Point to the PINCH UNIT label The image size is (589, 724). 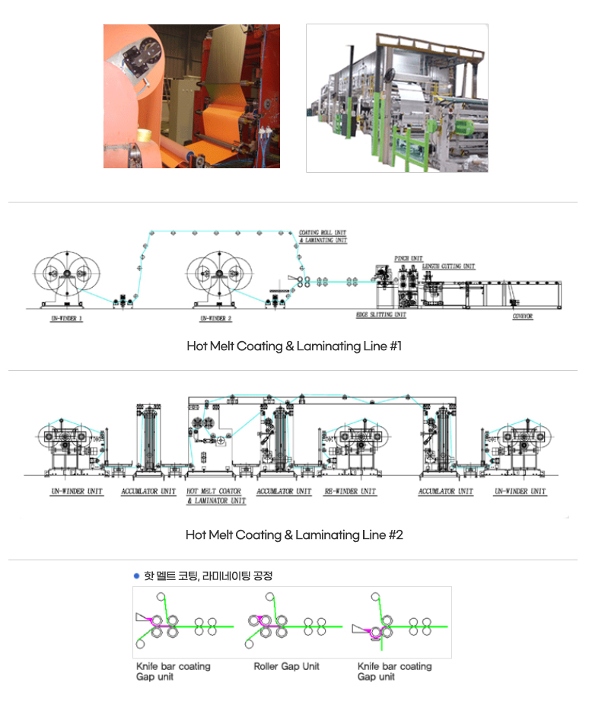[x=409, y=259]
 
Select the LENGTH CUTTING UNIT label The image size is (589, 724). [x=448, y=266]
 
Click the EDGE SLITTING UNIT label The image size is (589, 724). [x=380, y=314]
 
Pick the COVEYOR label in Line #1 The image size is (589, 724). [x=522, y=316]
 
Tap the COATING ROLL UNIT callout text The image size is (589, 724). [x=323, y=233]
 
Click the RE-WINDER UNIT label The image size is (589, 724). [x=350, y=492]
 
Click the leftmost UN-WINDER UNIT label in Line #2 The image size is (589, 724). [x=77, y=492]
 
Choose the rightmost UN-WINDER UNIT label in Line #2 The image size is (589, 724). [x=521, y=492]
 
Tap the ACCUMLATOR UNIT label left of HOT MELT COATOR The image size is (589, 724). [x=148, y=492]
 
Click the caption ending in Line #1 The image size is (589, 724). [x=294, y=346]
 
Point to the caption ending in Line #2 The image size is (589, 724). [x=294, y=535]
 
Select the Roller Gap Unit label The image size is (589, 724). [x=287, y=666]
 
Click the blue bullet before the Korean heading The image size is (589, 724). [x=136, y=576]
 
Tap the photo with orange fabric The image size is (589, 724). [x=192, y=96]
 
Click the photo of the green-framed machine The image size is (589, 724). [x=396, y=97]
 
